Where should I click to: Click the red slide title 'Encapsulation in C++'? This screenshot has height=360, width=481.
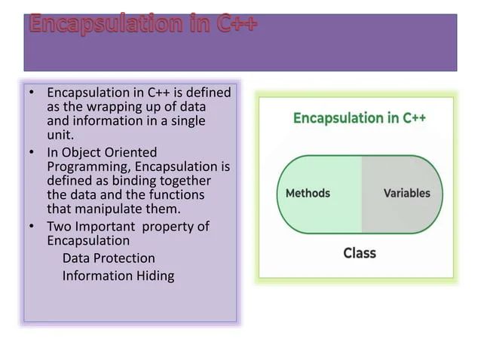pos(143,23)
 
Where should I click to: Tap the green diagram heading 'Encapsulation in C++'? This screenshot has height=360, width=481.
pos(359,118)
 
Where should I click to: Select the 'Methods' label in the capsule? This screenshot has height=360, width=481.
pos(308,193)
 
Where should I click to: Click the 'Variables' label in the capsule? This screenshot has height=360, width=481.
pos(406,193)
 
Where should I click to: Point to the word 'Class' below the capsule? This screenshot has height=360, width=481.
pos(359,253)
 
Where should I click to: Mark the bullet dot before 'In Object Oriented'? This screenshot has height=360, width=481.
pos(32,153)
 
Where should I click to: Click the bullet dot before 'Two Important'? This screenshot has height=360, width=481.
pos(32,227)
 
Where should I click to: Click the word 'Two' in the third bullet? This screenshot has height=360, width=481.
pos(58,227)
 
